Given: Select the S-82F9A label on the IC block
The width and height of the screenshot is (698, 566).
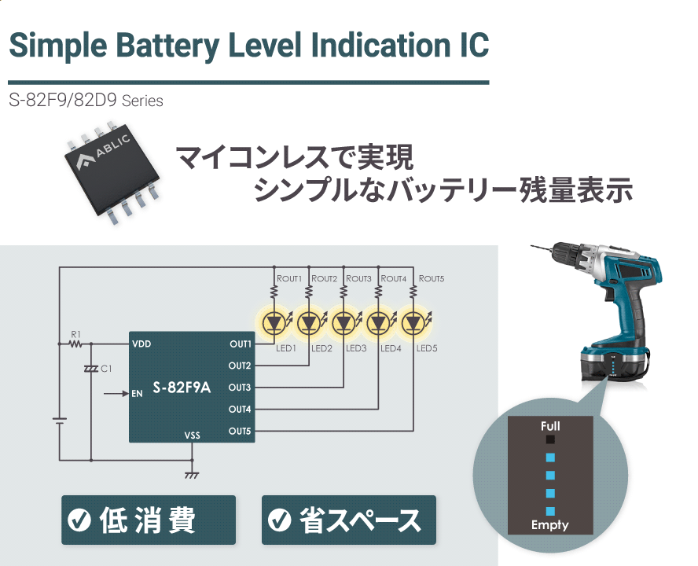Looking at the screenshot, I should click(182, 388).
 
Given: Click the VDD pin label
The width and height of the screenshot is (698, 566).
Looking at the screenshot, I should click(142, 344).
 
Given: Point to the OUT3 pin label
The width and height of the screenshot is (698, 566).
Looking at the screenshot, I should click(240, 388).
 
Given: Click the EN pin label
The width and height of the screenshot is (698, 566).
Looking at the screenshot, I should click(137, 393).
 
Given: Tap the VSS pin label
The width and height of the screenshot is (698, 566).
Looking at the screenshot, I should click(192, 435).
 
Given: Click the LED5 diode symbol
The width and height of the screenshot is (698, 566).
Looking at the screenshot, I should click(413, 322).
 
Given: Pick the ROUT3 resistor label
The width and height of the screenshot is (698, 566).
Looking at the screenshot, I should click(358, 279).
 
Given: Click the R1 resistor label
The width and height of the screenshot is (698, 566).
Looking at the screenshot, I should click(75, 333).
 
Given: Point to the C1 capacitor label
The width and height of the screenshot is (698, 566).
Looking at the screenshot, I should click(106, 368).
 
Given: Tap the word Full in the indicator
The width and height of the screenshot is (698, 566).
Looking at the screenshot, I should click(550, 426).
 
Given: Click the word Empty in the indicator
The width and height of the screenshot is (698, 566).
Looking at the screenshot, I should click(549, 525).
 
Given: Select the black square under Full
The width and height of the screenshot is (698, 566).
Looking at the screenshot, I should click(550, 440).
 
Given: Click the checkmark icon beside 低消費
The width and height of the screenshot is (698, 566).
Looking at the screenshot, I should click(79, 520).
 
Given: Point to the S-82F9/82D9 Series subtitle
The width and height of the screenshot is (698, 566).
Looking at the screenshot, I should click(86, 101).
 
